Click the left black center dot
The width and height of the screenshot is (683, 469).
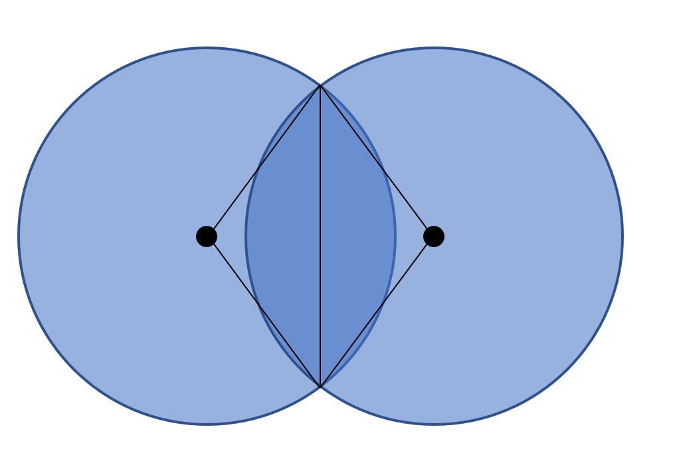(207, 236)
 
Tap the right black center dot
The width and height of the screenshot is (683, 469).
(434, 236)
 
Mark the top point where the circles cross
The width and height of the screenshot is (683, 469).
(320, 86)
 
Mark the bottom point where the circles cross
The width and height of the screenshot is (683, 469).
(320, 387)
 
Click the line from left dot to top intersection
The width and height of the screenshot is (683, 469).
(264, 161)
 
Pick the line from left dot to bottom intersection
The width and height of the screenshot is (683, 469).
(264, 312)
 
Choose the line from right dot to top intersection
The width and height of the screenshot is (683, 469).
(377, 161)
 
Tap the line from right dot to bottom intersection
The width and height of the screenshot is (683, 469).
(377, 312)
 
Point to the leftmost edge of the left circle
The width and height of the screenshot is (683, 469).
(19, 236)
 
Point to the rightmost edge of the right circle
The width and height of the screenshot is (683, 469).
(623, 236)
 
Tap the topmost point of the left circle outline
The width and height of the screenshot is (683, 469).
(207, 48)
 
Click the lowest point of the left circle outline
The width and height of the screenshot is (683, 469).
(207, 424)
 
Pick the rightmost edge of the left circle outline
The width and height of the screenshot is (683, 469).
(395, 236)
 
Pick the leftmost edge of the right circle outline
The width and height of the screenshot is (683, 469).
(246, 236)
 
